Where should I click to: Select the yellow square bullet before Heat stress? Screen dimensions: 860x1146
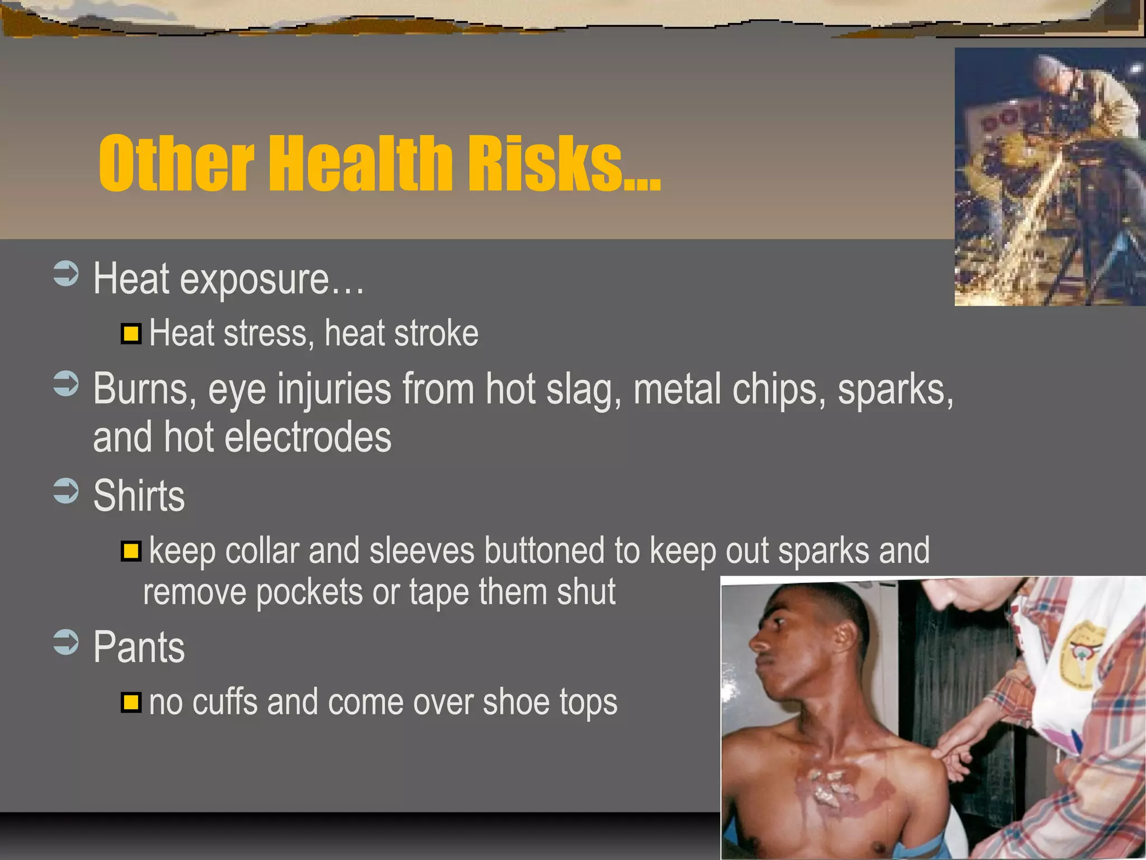point(131,334)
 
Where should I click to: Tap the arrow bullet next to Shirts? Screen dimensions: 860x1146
point(66,491)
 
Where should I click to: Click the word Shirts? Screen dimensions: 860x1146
point(139,496)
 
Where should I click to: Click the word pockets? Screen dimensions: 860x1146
point(309,592)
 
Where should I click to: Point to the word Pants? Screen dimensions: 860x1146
point(139,647)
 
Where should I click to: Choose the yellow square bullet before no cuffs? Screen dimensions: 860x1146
point(131,702)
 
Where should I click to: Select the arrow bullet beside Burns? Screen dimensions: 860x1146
point(66,384)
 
